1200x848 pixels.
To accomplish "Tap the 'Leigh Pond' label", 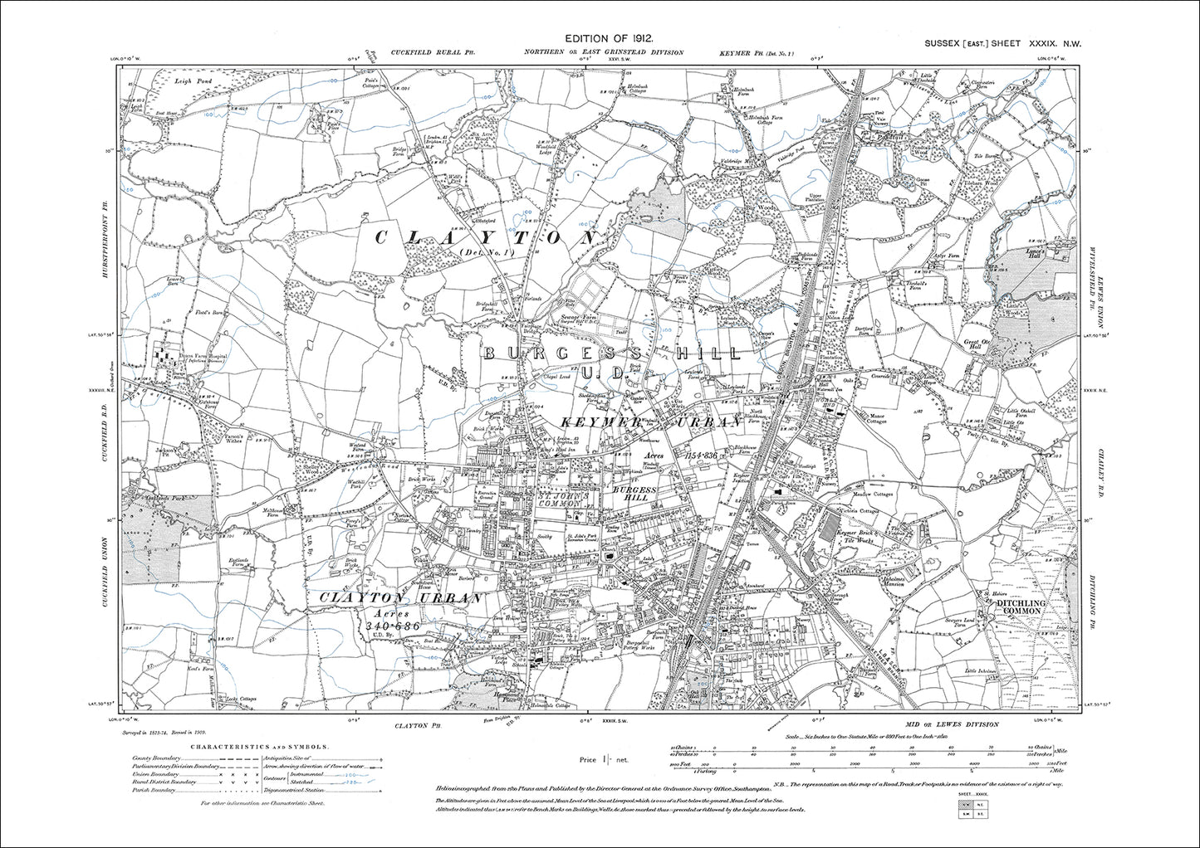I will (172, 80).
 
